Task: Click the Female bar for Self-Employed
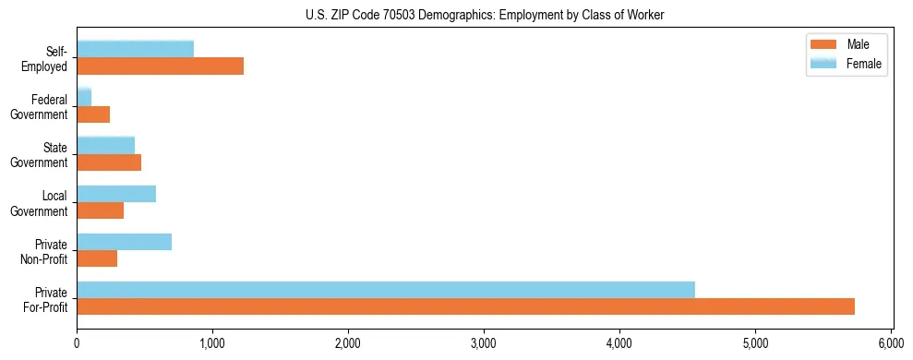point(135,49)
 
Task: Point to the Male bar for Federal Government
point(93,114)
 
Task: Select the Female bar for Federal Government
point(84,97)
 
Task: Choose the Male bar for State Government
point(109,162)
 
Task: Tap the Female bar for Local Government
point(116,194)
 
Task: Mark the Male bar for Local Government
point(100,210)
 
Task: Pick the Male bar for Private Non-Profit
point(97,258)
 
